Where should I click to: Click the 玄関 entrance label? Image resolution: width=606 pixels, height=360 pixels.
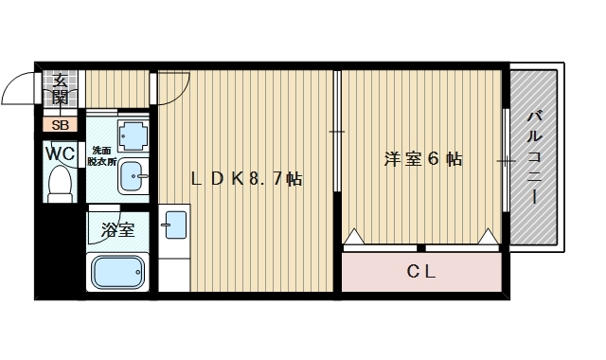[60, 88]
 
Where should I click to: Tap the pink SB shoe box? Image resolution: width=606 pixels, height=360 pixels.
[60, 124]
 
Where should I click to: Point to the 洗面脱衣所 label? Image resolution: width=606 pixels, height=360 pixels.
[100, 156]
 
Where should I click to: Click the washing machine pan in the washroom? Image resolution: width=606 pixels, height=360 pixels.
[133, 136]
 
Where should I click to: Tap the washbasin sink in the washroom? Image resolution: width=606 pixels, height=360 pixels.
[134, 173]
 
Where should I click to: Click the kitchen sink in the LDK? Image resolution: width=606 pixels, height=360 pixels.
[175, 225]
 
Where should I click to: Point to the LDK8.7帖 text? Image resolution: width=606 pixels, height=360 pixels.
[246, 178]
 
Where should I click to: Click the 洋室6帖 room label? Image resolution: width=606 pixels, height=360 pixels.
[422, 159]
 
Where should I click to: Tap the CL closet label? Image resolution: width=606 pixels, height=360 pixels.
[421, 273]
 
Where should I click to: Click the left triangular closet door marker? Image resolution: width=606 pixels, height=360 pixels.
[353, 237]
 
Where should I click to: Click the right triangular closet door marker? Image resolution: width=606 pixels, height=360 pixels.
[490, 237]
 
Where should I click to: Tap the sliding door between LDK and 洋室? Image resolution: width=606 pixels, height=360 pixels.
[337, 133]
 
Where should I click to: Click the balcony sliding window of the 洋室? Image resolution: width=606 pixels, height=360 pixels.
[506, 161]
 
